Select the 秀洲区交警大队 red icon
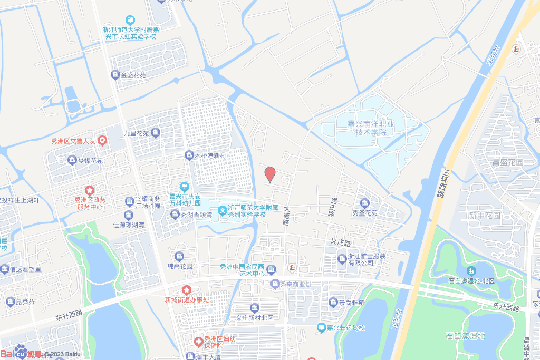(102, 140)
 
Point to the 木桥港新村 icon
(189, 155)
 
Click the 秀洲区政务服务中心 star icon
(90, 190)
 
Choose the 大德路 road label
(286, 216)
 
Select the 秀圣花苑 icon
(364, 203)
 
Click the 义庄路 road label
(341, 242)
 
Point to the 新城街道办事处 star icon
(186, 290)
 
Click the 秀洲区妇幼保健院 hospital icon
(198, 342)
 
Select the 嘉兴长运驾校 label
(345, 328)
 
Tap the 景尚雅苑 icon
(333, 302)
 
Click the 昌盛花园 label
(507, 162)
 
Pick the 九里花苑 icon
(155, 133)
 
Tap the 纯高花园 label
(180, 266)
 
